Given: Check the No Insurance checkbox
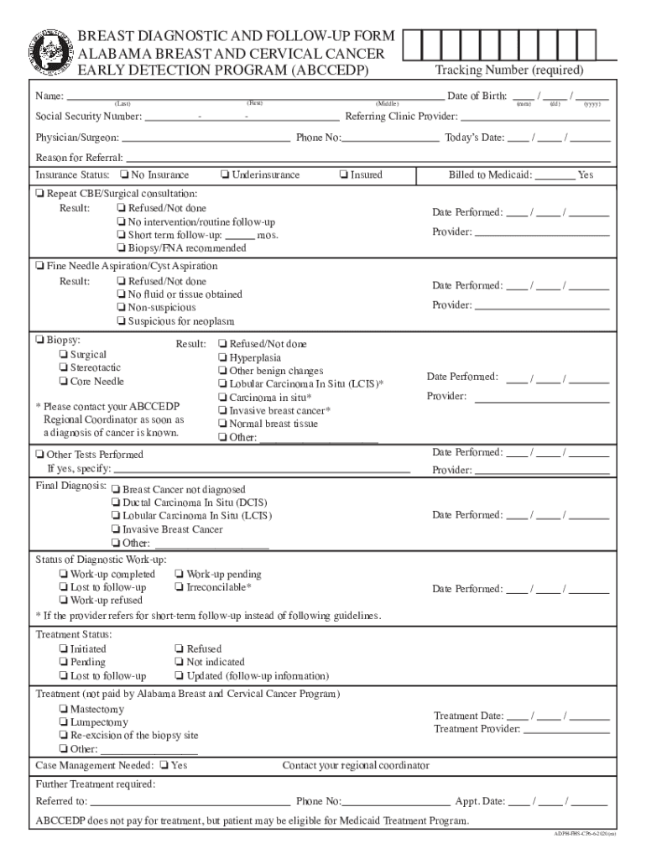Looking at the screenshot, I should (x=123, y=175).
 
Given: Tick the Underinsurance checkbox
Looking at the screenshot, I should (x=224, y=175).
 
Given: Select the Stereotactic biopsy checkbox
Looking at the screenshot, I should (x=64, y=368).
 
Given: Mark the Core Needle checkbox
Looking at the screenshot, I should (x=64, y=382).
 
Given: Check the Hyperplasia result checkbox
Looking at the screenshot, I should (x=221, y=358).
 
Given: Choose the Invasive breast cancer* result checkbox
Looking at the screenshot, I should (x=221, y=411).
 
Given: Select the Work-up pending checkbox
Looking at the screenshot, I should (x=179, y=575).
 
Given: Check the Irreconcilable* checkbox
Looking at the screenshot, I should (x=179, y=587).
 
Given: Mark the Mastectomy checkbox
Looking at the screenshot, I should (x=64, y=710).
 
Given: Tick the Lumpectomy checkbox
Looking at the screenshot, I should (x=64, y=722).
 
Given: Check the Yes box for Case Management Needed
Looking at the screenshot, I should (x=164, y=766).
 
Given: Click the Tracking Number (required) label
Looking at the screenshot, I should (x=509, y=70).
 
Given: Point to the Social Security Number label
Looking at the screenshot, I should (x=88, y=117).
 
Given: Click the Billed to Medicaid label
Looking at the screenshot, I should (x=490, y=175).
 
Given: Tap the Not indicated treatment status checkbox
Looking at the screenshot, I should (x=179, y=663).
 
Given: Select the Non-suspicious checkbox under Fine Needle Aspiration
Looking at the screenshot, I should (x=122, y=309).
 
